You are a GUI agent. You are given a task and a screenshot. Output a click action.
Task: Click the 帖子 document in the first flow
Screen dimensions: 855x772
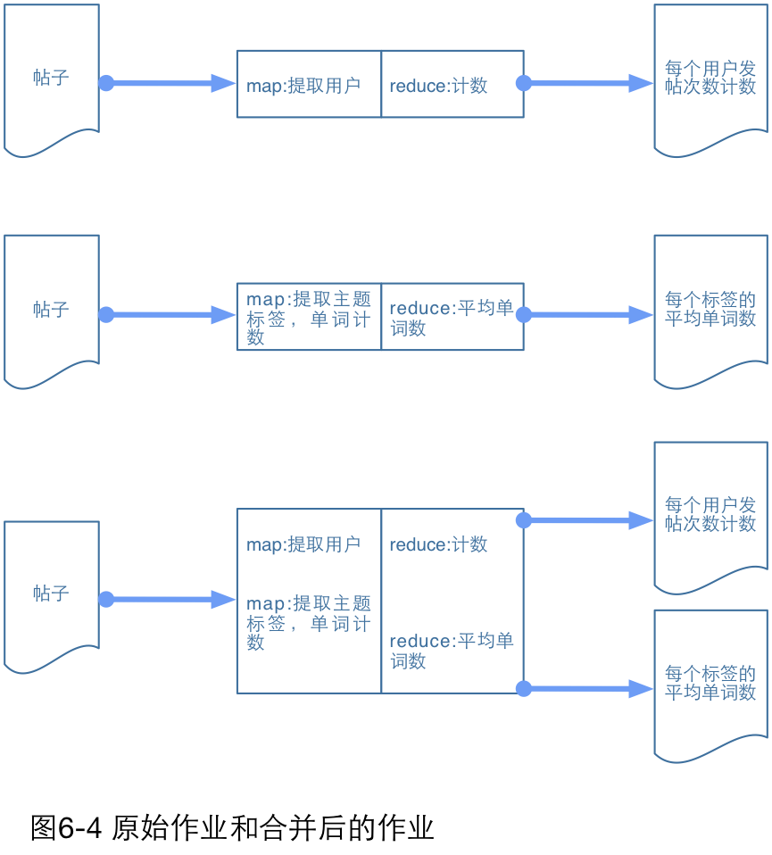(51, 79)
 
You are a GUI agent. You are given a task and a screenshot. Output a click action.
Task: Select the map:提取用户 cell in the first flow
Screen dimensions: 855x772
(308, 85)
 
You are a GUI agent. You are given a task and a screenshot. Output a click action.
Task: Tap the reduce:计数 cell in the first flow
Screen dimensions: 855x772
(452, 85)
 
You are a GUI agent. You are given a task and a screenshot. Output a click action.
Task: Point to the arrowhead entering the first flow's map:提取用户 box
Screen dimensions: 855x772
(223, 83)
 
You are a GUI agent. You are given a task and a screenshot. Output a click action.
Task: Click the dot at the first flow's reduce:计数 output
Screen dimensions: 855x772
(524, 83)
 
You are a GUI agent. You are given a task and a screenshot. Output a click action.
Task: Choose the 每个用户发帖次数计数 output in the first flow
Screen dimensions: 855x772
(710, 79)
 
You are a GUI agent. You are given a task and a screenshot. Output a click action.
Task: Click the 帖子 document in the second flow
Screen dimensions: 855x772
(51, 310)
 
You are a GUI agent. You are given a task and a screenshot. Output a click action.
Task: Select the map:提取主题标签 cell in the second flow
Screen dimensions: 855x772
(308, 317)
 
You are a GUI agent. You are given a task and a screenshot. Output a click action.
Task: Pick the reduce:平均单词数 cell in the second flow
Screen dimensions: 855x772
(452, 317)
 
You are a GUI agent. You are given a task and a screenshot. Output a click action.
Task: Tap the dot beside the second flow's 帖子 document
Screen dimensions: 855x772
(106, 314)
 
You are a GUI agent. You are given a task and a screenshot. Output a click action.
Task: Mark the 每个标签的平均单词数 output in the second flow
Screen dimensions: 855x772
(710, 309)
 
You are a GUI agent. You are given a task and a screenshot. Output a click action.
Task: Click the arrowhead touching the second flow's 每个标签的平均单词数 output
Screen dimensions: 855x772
(642, 314)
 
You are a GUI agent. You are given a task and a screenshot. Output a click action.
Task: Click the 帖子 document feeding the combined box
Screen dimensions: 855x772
(51, 594)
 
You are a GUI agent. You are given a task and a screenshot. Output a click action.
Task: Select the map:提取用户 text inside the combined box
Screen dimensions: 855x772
(303, 544)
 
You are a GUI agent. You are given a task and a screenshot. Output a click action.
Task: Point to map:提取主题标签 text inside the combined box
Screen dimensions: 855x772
(308, 622)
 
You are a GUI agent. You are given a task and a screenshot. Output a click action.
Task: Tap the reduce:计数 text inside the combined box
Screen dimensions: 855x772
(438, 544)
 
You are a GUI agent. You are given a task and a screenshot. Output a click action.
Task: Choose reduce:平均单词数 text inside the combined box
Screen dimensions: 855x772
(452, 651)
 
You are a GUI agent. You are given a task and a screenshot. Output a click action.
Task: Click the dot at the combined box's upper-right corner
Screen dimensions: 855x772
(524, 519)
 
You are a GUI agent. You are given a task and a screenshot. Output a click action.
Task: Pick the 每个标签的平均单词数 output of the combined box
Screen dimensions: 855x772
(710, 684)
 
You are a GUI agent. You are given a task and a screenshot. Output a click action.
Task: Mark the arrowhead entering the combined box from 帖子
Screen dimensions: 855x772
(223, 599)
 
